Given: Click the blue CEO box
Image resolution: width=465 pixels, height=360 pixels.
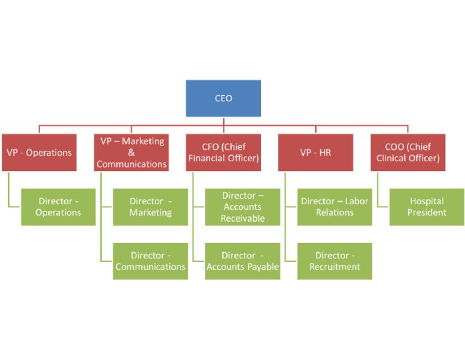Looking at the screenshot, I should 223,98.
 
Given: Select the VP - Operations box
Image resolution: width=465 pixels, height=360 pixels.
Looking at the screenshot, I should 39,152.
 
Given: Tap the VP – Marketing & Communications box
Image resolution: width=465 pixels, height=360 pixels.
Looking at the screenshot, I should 131,152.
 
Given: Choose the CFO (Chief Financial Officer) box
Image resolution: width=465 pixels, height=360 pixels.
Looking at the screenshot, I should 223,152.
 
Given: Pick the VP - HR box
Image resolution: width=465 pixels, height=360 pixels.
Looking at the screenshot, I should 315,152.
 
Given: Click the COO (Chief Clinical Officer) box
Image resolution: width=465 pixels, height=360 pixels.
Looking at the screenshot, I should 407,152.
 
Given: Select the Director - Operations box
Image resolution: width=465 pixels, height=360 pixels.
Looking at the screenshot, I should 58,207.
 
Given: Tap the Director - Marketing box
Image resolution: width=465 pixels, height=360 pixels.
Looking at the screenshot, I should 150,207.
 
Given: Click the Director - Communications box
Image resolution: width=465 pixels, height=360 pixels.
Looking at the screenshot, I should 150,261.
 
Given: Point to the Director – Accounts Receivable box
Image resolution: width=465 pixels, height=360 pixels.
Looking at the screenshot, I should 242,207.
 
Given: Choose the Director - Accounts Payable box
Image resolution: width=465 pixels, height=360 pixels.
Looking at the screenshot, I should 242,261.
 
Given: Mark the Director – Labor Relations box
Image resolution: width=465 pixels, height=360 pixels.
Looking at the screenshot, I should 334,207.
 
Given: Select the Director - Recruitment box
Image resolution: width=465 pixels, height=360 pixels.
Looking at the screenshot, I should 334,261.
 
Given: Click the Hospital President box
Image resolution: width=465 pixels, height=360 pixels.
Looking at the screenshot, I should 427,207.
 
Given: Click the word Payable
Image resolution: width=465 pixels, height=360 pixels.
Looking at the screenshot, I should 262,267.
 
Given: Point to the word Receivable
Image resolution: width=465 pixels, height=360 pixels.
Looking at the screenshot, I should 242,218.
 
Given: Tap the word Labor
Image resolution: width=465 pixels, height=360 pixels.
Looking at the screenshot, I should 356,201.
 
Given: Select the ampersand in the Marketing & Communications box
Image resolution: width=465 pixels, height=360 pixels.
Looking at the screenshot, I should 131,153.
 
